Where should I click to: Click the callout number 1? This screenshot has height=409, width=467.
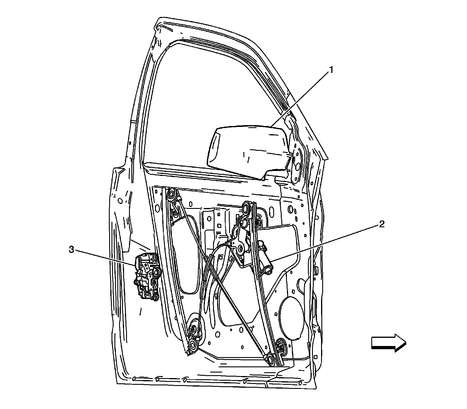[331, 70]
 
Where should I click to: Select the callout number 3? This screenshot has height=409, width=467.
[71, 249]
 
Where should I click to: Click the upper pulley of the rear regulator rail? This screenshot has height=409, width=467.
[170, 194]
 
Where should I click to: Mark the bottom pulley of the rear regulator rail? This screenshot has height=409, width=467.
[193, 345]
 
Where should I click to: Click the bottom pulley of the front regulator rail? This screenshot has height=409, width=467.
[270, 359]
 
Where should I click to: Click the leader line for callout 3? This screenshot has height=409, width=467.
[105, 257]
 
